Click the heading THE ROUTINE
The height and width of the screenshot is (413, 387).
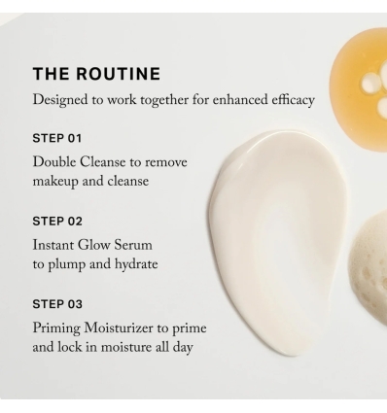(x=96, y=74)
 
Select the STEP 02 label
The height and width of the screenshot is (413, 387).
(x=55, y=221)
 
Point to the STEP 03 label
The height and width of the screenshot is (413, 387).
(x=55, y=304)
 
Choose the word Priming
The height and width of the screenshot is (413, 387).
(x=60, y=328)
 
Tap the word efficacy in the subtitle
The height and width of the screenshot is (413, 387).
(x=317, y=100)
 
